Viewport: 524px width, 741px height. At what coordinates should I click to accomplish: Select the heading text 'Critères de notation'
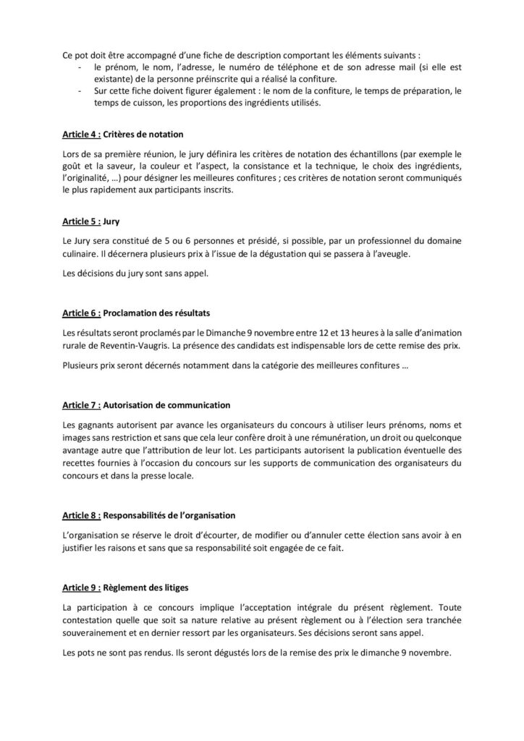pos(143,135)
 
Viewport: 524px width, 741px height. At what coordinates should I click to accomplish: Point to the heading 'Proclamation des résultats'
pos(158,313)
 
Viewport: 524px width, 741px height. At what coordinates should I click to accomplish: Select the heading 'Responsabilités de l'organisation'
pos(173,516)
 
